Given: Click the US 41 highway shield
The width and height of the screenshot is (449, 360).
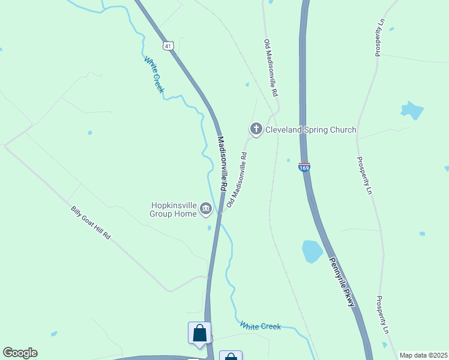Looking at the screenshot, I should pyautogui.click(x=167, y=45).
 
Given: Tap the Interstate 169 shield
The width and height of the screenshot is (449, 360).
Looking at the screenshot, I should pyautogui.click(x=304, y=168).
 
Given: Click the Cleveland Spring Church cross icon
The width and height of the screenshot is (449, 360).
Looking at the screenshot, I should pyautogui.click(x=256, y=129).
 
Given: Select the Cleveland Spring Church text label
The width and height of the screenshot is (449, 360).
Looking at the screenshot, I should pyautogui.click(x=311, y=130).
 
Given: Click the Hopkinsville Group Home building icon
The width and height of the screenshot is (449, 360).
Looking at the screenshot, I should pyautogui.click(x=206, y=208).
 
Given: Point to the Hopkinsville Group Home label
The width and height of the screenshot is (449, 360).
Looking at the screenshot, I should pyautogui.click(x=174, y=209).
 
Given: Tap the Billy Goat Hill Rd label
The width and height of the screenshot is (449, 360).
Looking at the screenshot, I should pyautogui.click(x=91, y=223).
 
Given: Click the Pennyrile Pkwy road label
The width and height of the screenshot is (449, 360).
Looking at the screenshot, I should pyautogui.click(x=342, y=282).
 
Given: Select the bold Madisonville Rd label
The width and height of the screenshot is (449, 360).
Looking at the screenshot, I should pyautogui.click(x=221, y=163).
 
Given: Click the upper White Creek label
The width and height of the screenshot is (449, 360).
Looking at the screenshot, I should pyautogui.click(x=154, y=74).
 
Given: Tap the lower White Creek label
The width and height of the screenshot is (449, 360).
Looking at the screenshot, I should pyautogui.click(x=261, y=326).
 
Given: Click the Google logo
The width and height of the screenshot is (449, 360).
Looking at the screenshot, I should pyautogui.click(x=20, y=353).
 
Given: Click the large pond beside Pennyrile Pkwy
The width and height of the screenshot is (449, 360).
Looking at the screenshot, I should pyautogui.click(x=312, y=251).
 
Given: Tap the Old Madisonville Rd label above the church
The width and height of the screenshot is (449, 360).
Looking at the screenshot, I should pyautogui.click(x=271, y=69).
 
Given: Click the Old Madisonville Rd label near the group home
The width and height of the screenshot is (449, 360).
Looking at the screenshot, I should pyautogui.click(x=237, y=179).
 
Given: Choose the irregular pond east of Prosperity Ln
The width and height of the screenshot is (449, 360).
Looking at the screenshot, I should pyautogui.click(x=412, y=110).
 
